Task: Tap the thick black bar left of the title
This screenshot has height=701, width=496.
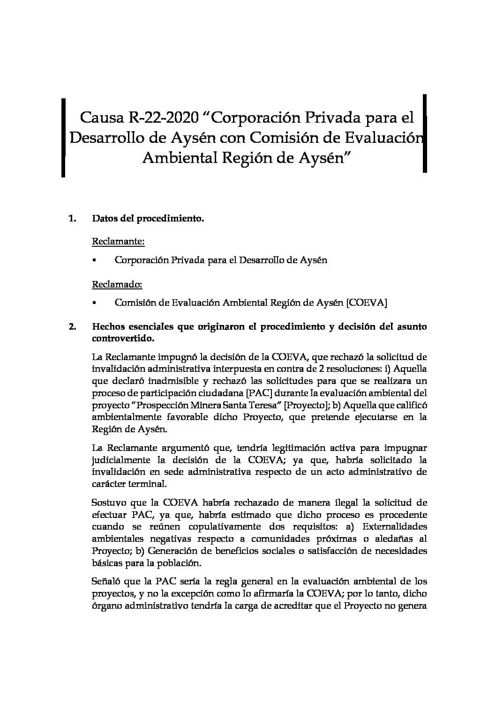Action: pyautogui.click(x=63, y=137)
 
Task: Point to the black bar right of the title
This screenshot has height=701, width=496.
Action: pyautogui.click(x=424, y=133)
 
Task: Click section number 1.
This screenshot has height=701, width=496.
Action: pyautogui.click(x=72, y=218)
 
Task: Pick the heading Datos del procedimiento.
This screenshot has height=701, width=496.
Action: pyautogui.click(x=148, y=218)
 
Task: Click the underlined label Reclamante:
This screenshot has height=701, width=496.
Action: pyautogui.click(x=118, y=242)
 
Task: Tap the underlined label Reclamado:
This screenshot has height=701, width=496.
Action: pyautogui.click(x=117, y=284)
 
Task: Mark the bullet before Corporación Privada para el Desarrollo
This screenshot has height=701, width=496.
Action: pyautogui.click(x=95, y=260)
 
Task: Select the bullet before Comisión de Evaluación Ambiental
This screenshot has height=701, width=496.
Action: pyautogui.click(x=95, y=303)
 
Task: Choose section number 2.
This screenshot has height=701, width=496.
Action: pyautogui.click(x=72, y=326)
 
